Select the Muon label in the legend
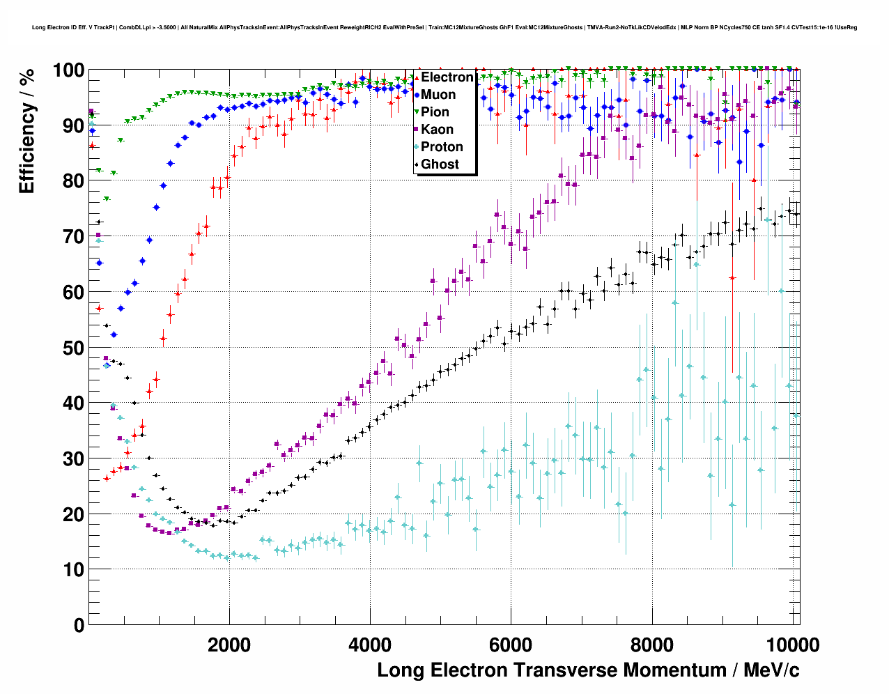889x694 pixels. pyautogui.click(x=438, y=95)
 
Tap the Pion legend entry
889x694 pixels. pyautogui.click(x=435, y=112)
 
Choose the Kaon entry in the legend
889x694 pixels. pyautogui.click(x=437, y=130)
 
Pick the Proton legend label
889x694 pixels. pyautogui.click(x=442, y=147)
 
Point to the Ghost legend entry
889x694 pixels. pyautogui.click(x=440, y=164)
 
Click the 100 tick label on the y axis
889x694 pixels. pyautogui.click(x=68, y=70)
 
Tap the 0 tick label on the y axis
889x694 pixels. pyautogui.click(x=79, y=625)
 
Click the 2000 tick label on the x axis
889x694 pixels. pyautogui.click(x=229, y=645)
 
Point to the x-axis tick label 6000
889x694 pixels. pyautogui.click(x=511, y=645)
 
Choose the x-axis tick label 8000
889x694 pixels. pyautogui.click(x=651, y=645)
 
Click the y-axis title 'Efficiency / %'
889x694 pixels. pyautogui.click(x=26, y=131)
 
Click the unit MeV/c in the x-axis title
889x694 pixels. pyautogui.click(x=771, y=670)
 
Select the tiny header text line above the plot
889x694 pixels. pyautogui.click(x=445, y=28)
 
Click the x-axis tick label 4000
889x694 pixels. pyautogui.click(x=370, y=645)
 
